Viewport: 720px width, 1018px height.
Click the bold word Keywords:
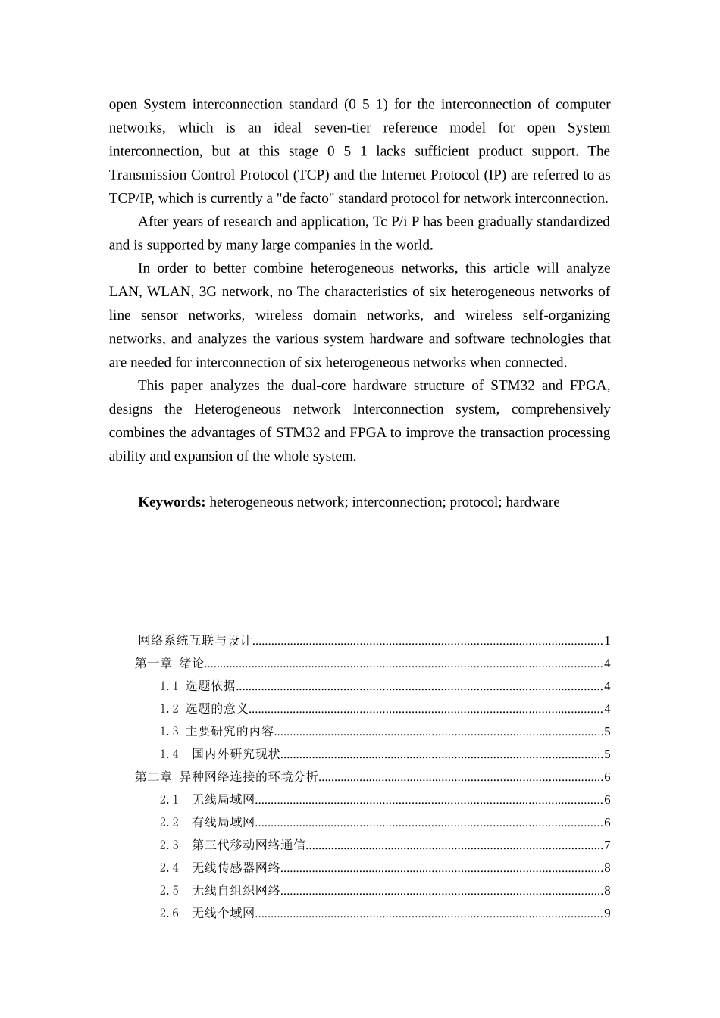click(x=171, y=502)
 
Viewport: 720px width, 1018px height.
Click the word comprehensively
click(x=560, y=409)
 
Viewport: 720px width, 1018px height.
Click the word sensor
click(x=159, y=315)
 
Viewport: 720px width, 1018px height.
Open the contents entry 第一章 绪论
click(x=170, y=664)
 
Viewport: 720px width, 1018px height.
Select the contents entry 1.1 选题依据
click(x=198, y=686)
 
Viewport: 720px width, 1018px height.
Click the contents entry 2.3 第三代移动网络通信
click(x=232, y=845)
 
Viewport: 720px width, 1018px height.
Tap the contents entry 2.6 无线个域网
click(x=207, y=913)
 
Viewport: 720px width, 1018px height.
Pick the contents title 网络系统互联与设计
click(x=195, y=641)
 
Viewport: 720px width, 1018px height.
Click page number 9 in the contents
click(x=607, y=913)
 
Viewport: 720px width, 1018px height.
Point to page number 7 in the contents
click(x=607, y=845)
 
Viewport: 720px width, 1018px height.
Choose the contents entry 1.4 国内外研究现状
click(x=220, y=754)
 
